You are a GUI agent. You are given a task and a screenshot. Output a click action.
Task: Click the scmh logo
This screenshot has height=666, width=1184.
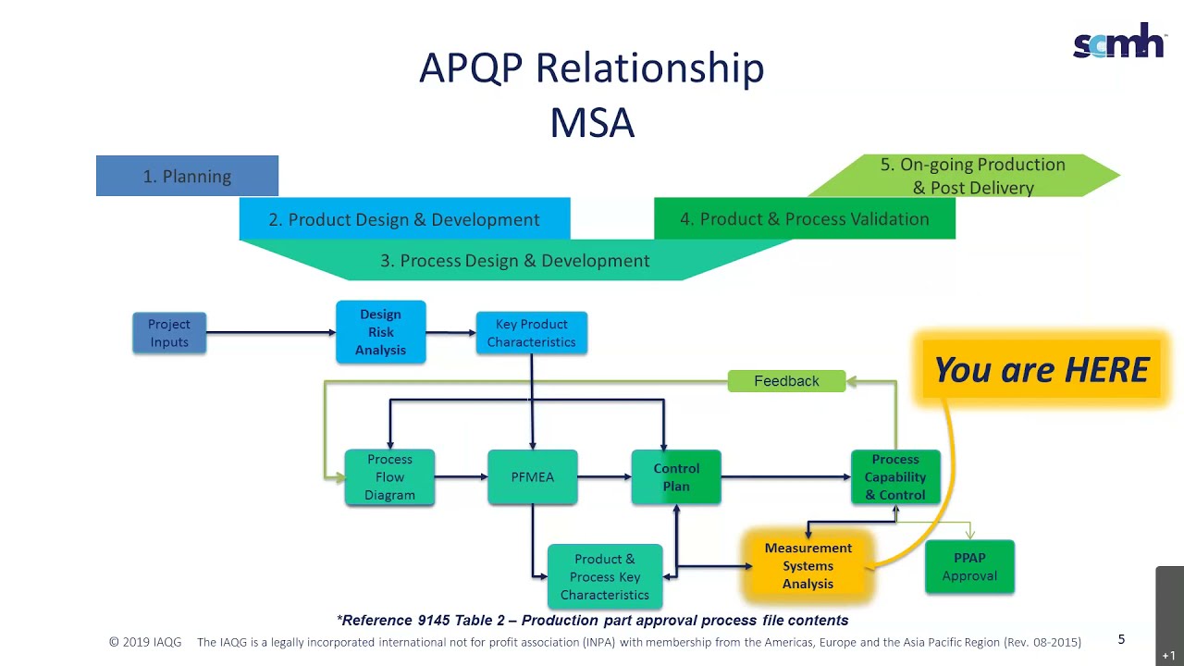coord(1117,41)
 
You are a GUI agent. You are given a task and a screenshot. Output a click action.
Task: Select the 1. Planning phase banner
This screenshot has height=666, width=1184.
coord(187,176)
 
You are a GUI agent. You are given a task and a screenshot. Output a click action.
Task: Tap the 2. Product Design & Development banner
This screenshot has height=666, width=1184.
coord(404,219)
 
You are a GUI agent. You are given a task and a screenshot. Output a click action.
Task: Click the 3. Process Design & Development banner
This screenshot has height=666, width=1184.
coord(515,261)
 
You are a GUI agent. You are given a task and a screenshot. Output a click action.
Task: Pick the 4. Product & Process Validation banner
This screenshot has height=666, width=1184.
coord(804,219)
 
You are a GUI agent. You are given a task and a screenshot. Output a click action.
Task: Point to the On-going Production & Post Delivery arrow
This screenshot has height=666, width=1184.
coord(971,176)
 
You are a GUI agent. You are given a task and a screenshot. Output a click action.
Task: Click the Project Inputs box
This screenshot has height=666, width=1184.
coord(169,333)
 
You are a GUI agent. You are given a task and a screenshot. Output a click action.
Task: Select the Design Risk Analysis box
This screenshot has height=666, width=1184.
coord(380,332)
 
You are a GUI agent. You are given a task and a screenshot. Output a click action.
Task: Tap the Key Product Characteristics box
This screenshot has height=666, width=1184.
coord(531,333)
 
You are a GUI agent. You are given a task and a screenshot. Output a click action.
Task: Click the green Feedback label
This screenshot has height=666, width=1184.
coord(786,381)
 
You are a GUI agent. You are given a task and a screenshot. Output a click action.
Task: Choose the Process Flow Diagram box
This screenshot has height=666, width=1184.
coord(389,477)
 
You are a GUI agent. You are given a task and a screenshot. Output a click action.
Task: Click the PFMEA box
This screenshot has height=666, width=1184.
coord(532,477)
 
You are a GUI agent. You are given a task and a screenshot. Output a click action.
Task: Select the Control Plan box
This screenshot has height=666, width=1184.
coord(676,477)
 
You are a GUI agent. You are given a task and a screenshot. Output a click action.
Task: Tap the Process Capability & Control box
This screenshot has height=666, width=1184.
coord(894,477)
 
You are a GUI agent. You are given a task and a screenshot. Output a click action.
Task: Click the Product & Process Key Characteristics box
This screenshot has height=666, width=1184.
coord(604,577)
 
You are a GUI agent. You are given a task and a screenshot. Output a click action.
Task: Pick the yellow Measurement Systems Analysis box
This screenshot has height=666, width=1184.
coord(808,566)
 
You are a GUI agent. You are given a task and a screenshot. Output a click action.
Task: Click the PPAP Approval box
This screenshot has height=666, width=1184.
coord(969,567)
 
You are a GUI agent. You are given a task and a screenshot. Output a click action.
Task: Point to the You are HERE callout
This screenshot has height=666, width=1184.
coord(1042,370)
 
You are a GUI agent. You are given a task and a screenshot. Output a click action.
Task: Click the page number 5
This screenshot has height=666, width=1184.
coord(1121,639)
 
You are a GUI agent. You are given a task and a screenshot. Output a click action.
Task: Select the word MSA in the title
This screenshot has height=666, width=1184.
coord(592,123)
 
